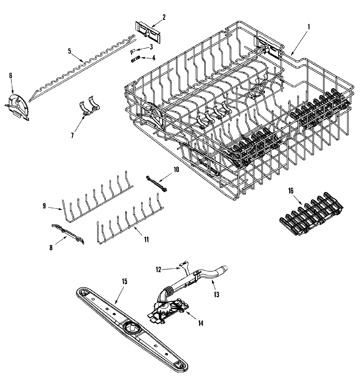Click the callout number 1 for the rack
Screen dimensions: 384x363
click(x=309, y=27)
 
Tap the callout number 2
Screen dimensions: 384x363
click(x=164, y=17)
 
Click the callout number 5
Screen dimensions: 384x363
click(x=69, y=51)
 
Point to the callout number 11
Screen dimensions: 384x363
click(x=146, y=239)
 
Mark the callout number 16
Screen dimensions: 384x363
click(x=290, y=191)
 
